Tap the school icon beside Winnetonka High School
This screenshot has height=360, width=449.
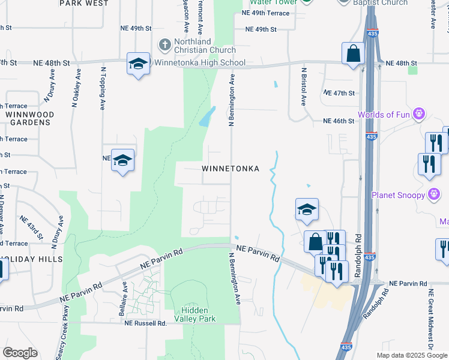coord(138,64)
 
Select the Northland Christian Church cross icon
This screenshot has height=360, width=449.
coord(164,44)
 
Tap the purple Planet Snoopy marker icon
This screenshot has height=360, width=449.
coord(434,194)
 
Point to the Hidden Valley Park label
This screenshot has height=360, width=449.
coord(195,314)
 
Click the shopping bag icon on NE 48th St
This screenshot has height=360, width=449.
coord(354,53)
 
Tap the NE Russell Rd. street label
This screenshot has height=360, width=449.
coord(145,323)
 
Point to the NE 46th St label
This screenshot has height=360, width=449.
coord(339,121)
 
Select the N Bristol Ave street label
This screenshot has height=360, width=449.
coord(304,87)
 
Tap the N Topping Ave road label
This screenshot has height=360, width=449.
coord(103,88)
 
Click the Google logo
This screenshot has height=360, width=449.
coord(20,353)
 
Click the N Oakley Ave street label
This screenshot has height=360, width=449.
coord(76,88)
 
